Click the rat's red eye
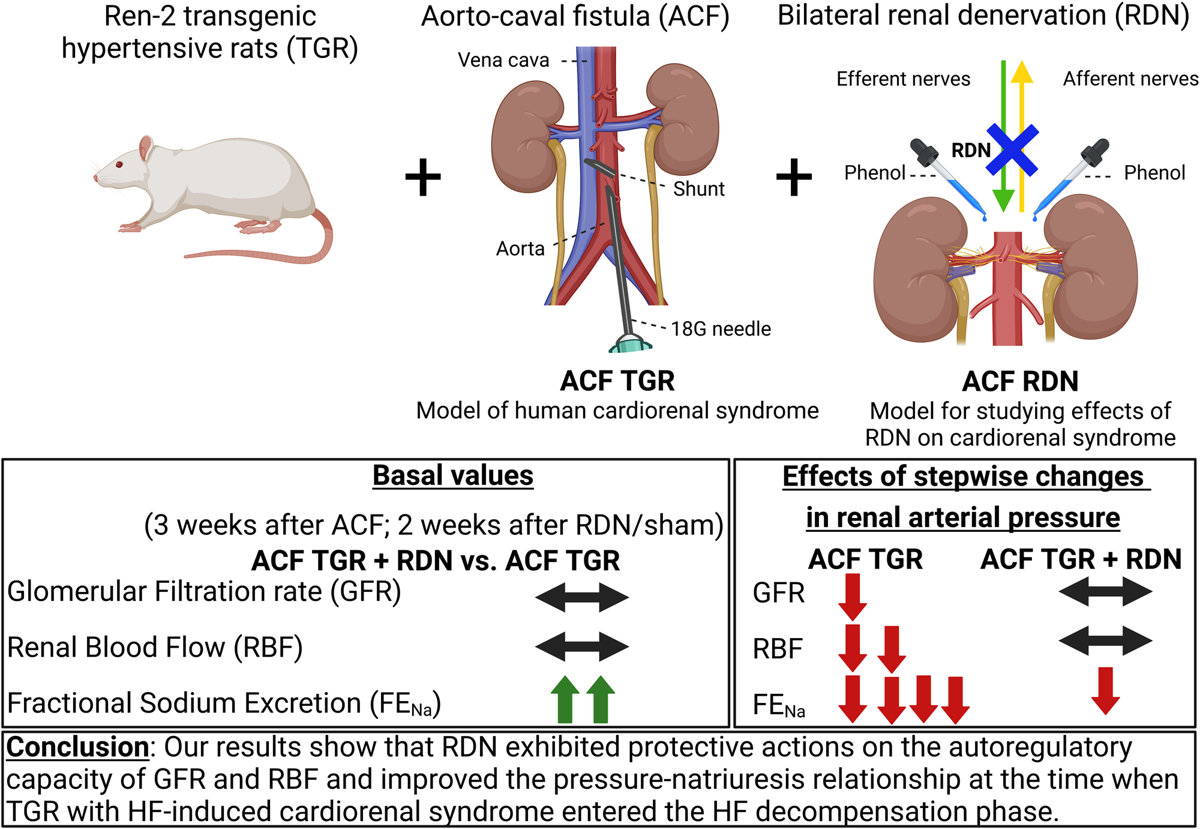coord(119,164)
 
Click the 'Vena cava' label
coord(503,60)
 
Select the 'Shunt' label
coord(698,189)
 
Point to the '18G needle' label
coord(721,329)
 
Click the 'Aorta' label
coord(520,249)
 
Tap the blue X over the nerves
coord(1012,150)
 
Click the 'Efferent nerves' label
coord(903,79)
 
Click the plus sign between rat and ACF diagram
coord(423,177)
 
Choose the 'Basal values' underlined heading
coord(453,476)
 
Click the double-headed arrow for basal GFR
coord(582,597)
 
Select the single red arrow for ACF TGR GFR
coord(852,596)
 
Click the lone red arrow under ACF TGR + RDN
coord(1105,690)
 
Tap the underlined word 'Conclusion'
coord(77,747)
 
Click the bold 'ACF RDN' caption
coord(1020,382)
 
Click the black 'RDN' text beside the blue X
coord(970,151)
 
